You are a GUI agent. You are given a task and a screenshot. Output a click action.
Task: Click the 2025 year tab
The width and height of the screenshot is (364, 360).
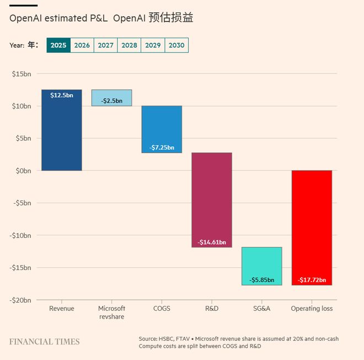(x=58, y=45)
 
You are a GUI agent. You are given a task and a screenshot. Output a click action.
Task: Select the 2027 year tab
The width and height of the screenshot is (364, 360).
(x=105, y=45)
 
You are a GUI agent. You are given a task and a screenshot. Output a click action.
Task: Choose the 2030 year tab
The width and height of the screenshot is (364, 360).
(x=176, y=45)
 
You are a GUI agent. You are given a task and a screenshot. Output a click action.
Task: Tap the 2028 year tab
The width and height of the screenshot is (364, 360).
(x=129, y=45)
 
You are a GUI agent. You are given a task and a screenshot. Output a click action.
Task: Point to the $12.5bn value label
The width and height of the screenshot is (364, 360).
(x=61, y=95)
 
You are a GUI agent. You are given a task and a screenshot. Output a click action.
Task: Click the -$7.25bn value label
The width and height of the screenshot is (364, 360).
(x=162, y=147)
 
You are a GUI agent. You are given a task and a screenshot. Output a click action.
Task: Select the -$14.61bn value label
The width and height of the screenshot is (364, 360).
(x=212, y=242)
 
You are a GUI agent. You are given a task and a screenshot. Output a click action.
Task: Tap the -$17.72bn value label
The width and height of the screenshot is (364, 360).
(x=312, y=280)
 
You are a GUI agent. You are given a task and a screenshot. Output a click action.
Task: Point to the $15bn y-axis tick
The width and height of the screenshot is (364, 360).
(x=22, y=73)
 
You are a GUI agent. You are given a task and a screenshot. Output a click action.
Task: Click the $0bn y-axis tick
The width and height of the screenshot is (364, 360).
(x=23, y=171)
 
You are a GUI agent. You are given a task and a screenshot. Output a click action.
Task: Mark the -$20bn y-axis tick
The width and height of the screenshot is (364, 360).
(x=20, y=300)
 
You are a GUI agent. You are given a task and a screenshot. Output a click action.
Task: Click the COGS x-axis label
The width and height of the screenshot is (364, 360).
(x=162, y=309)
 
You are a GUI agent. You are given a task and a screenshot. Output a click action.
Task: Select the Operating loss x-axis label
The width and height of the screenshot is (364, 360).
(x=312, y=309)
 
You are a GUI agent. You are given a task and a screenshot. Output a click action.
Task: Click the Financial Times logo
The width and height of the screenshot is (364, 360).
(x=44, y=342)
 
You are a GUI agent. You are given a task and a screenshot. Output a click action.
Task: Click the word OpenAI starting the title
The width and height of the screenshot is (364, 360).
(x=25, y=18)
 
